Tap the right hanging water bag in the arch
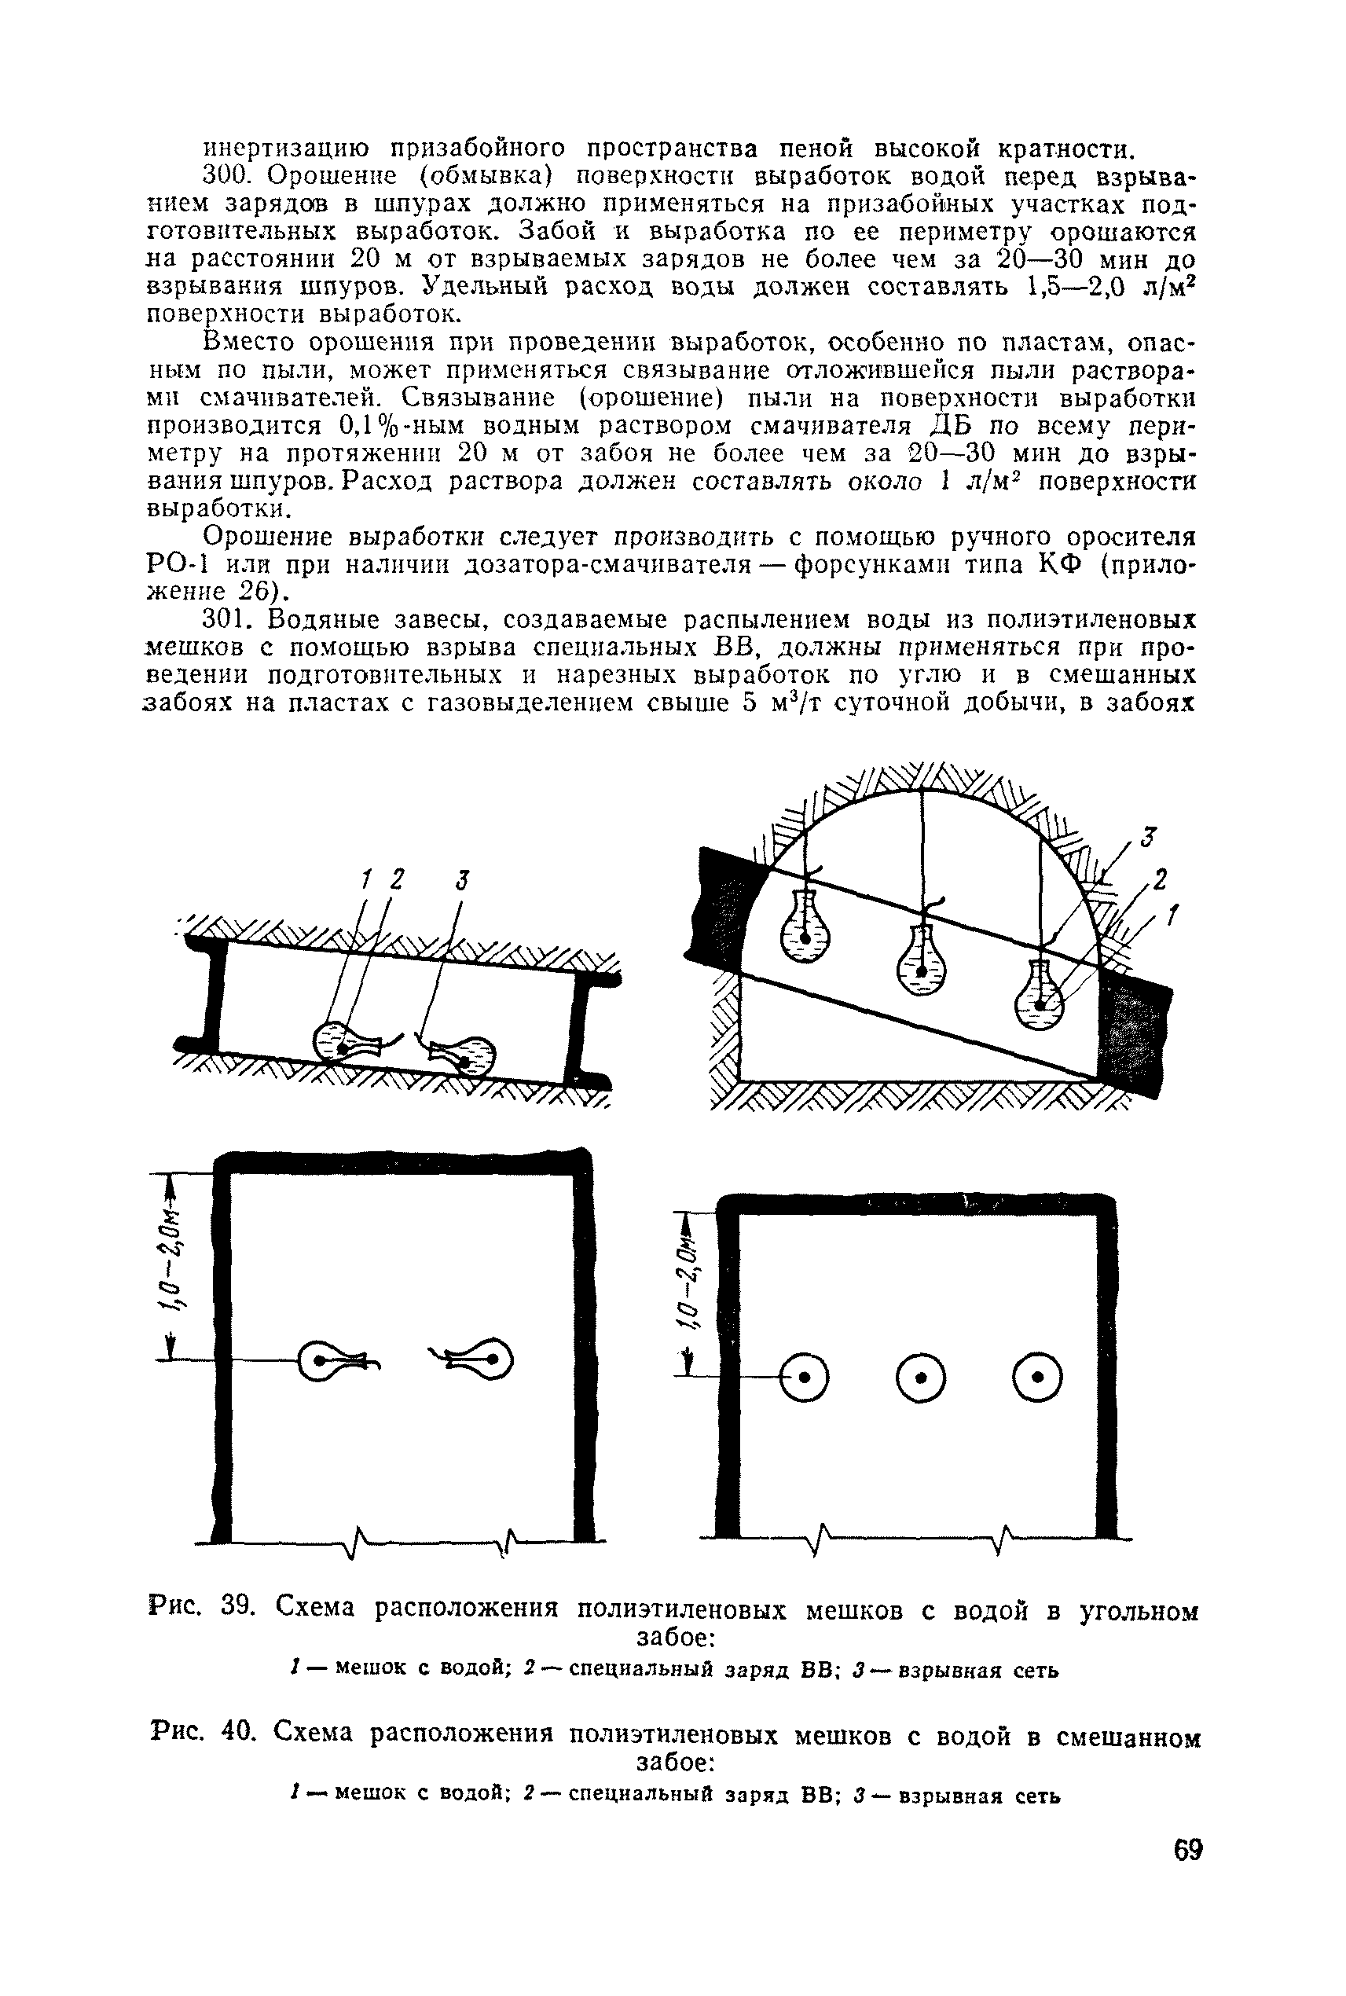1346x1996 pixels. coord(1039,994)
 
